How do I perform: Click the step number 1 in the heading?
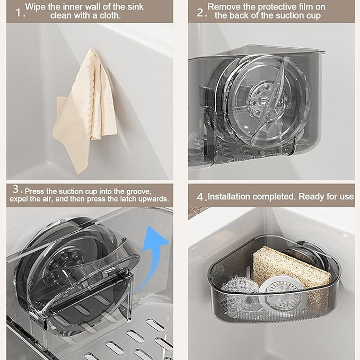(x=19, y=12)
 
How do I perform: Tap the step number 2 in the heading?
(x=200, y=12)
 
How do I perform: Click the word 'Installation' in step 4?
(x=229, y=197)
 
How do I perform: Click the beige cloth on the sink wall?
(x=84, y=110)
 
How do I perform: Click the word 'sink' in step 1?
(x=135, y=7)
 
